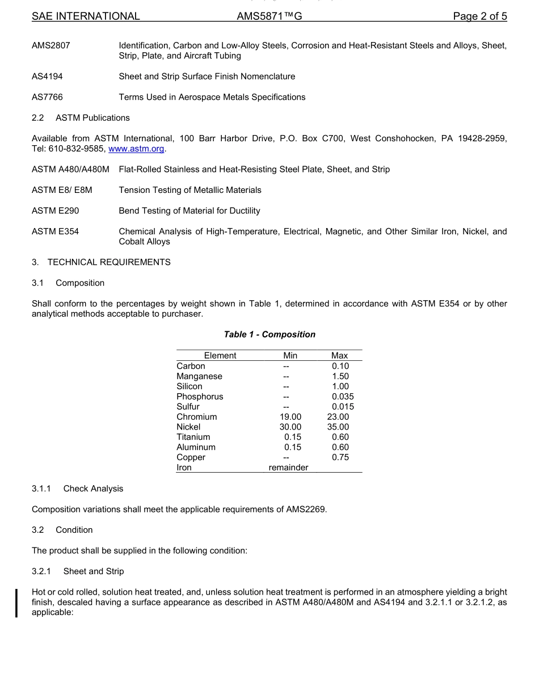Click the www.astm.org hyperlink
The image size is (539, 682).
[x=136, y=149]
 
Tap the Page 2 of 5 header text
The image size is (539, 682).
[x=479, y=16]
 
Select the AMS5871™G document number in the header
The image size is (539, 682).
[x=269, y=16]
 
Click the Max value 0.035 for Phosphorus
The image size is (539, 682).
[x=343, y=397]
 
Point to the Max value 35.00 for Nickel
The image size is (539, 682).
[x=338, y=427]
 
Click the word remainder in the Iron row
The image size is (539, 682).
[x=288, y=468]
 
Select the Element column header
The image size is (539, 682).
[x=220, y=356]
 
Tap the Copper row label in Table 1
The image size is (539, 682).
[x=191, y=458]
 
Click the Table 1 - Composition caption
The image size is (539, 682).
[x=269, y=335]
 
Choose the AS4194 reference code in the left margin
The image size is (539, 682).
[x=47, y=77]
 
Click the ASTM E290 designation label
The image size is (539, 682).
[x=56, y=211]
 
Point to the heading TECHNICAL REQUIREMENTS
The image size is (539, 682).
[x=108, y=263]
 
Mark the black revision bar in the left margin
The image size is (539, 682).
[x=16, y=603]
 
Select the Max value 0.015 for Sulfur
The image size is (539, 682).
[x=343, y=407]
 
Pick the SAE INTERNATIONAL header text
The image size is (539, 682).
[x=86, y=16]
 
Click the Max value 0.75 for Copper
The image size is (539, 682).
[x=340, y=458]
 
